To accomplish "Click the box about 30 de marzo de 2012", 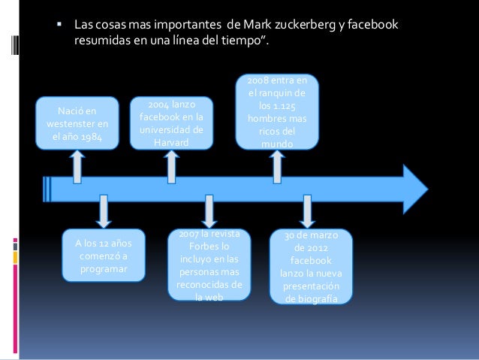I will pos(310,267).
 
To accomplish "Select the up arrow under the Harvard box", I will pos(173,166).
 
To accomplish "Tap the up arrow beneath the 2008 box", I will pos(276,165).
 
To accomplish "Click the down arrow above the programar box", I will pos(103,211).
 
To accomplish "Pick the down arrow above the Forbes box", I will pos(209,211).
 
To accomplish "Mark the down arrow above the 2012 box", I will pos(308,211).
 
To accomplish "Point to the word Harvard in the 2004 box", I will pos(172,142).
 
